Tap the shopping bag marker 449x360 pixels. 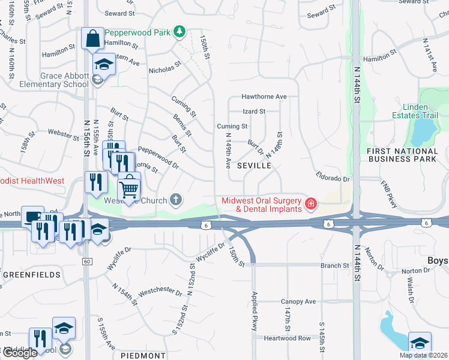[x=92, y=39]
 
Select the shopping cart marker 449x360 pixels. [x=128, y=188]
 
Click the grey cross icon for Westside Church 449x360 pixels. [x=176, y=199]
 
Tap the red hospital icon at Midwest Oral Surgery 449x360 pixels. [x=311, y=205]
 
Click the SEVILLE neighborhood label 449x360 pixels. [x=254, y=165]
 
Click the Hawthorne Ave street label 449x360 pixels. [x=264, y=97]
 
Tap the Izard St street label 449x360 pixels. [x=254, y=112]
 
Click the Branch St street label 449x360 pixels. [x=334, y=265]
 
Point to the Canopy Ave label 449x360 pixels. [x=298, y=301]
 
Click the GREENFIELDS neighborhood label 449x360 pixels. [x=31, y=275]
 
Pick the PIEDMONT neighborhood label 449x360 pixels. [x=143, y=355]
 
